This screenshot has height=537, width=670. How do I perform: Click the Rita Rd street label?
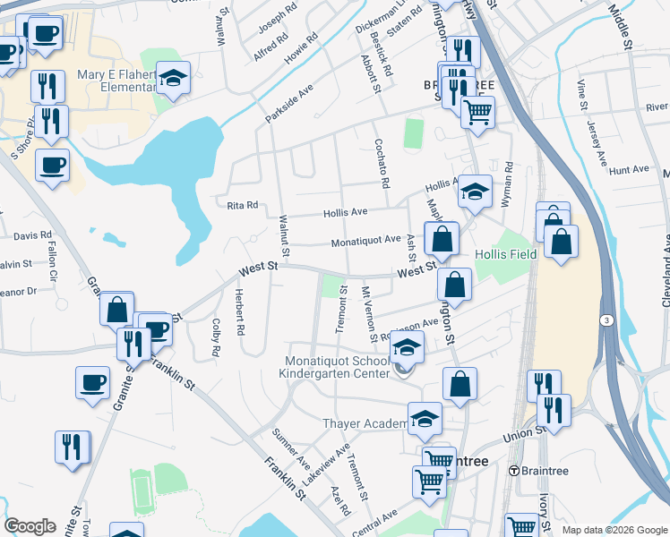[242, 205]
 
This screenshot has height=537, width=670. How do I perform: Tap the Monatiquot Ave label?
[365, 240]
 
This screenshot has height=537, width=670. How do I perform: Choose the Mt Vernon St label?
[366, 316]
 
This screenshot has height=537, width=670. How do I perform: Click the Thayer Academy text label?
[365, 423]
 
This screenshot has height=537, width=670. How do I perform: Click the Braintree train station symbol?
[514, 470]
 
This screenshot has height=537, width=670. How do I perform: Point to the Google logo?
[30, 526]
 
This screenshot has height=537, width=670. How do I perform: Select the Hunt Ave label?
[628, 169]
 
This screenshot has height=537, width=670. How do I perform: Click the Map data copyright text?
[614, 530]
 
